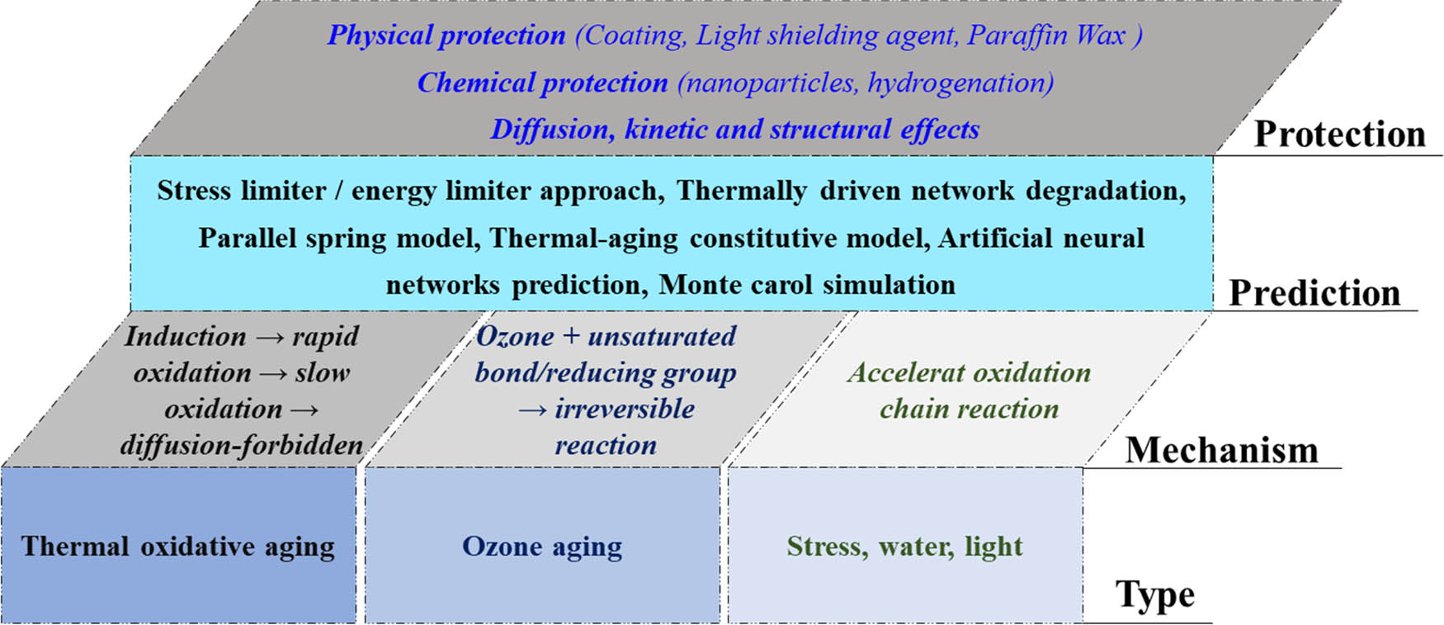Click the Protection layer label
1339,134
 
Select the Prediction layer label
1314,293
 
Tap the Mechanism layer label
1221,450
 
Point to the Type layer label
1154,594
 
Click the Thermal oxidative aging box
178,546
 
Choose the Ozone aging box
542,546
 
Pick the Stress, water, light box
904,546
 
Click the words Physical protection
446,36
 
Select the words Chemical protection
542,83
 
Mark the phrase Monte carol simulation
807,285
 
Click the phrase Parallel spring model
339,238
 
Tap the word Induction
186,336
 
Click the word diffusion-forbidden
241,445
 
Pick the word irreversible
625,409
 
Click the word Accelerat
899,372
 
